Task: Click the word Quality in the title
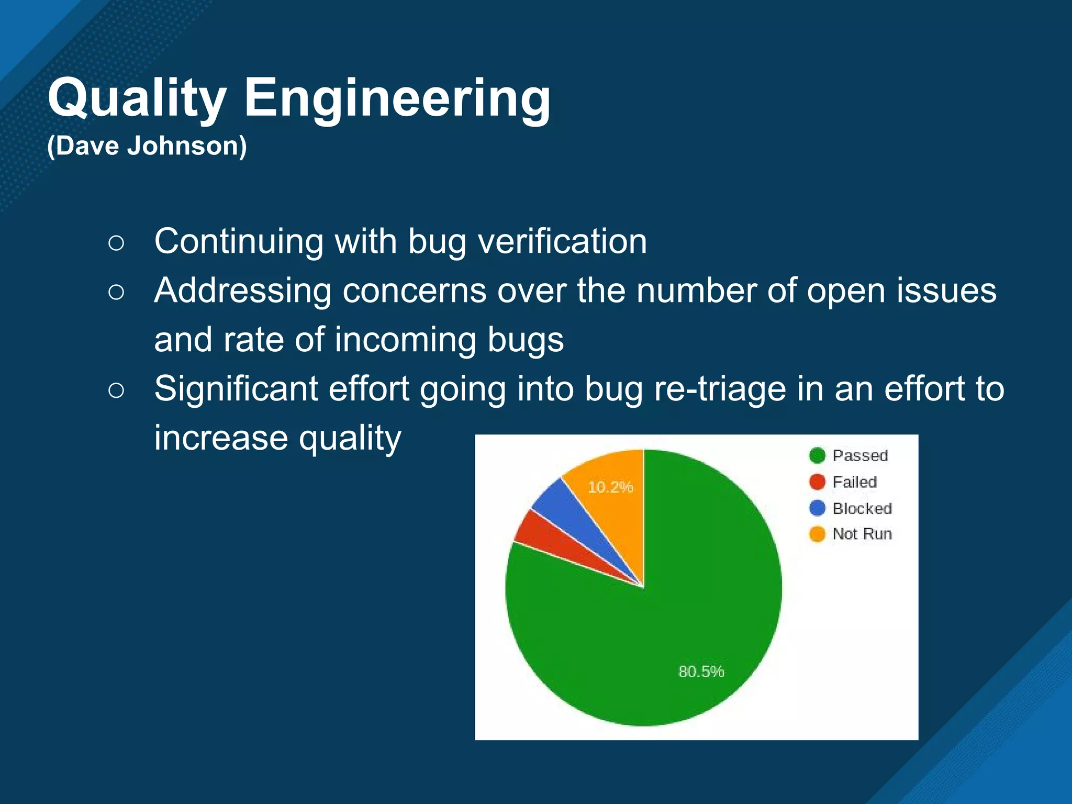(137, 98)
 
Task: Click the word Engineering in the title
(397, 98)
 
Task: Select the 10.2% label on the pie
(610, 487)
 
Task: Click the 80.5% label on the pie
(701, 672)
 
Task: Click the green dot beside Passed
(817, 456)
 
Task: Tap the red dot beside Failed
(817, 482)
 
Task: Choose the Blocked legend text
(862, 508)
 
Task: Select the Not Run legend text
(862, 534)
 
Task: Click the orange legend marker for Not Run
(817, 534)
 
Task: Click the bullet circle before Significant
(116, 390)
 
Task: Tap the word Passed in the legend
(860, 456)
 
